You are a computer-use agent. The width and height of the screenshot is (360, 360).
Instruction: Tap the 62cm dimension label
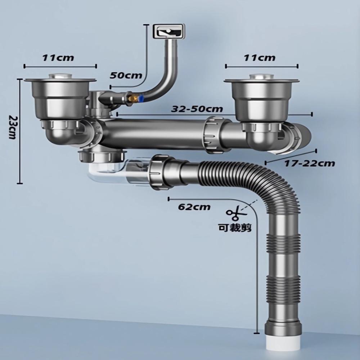tap(194, 207)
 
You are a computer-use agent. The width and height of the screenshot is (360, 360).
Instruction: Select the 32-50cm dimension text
tap(197, 109)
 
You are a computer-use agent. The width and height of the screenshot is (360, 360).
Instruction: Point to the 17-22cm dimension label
tap(310, 163)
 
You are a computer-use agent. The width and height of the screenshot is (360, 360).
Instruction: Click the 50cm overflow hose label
tap(126, 75)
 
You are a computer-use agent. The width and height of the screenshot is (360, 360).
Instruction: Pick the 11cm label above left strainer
tap(58, 58)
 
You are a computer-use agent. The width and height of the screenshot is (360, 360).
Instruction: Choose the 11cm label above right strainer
tap(259, 57)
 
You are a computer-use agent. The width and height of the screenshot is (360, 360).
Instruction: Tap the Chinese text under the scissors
tap(235, 228)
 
